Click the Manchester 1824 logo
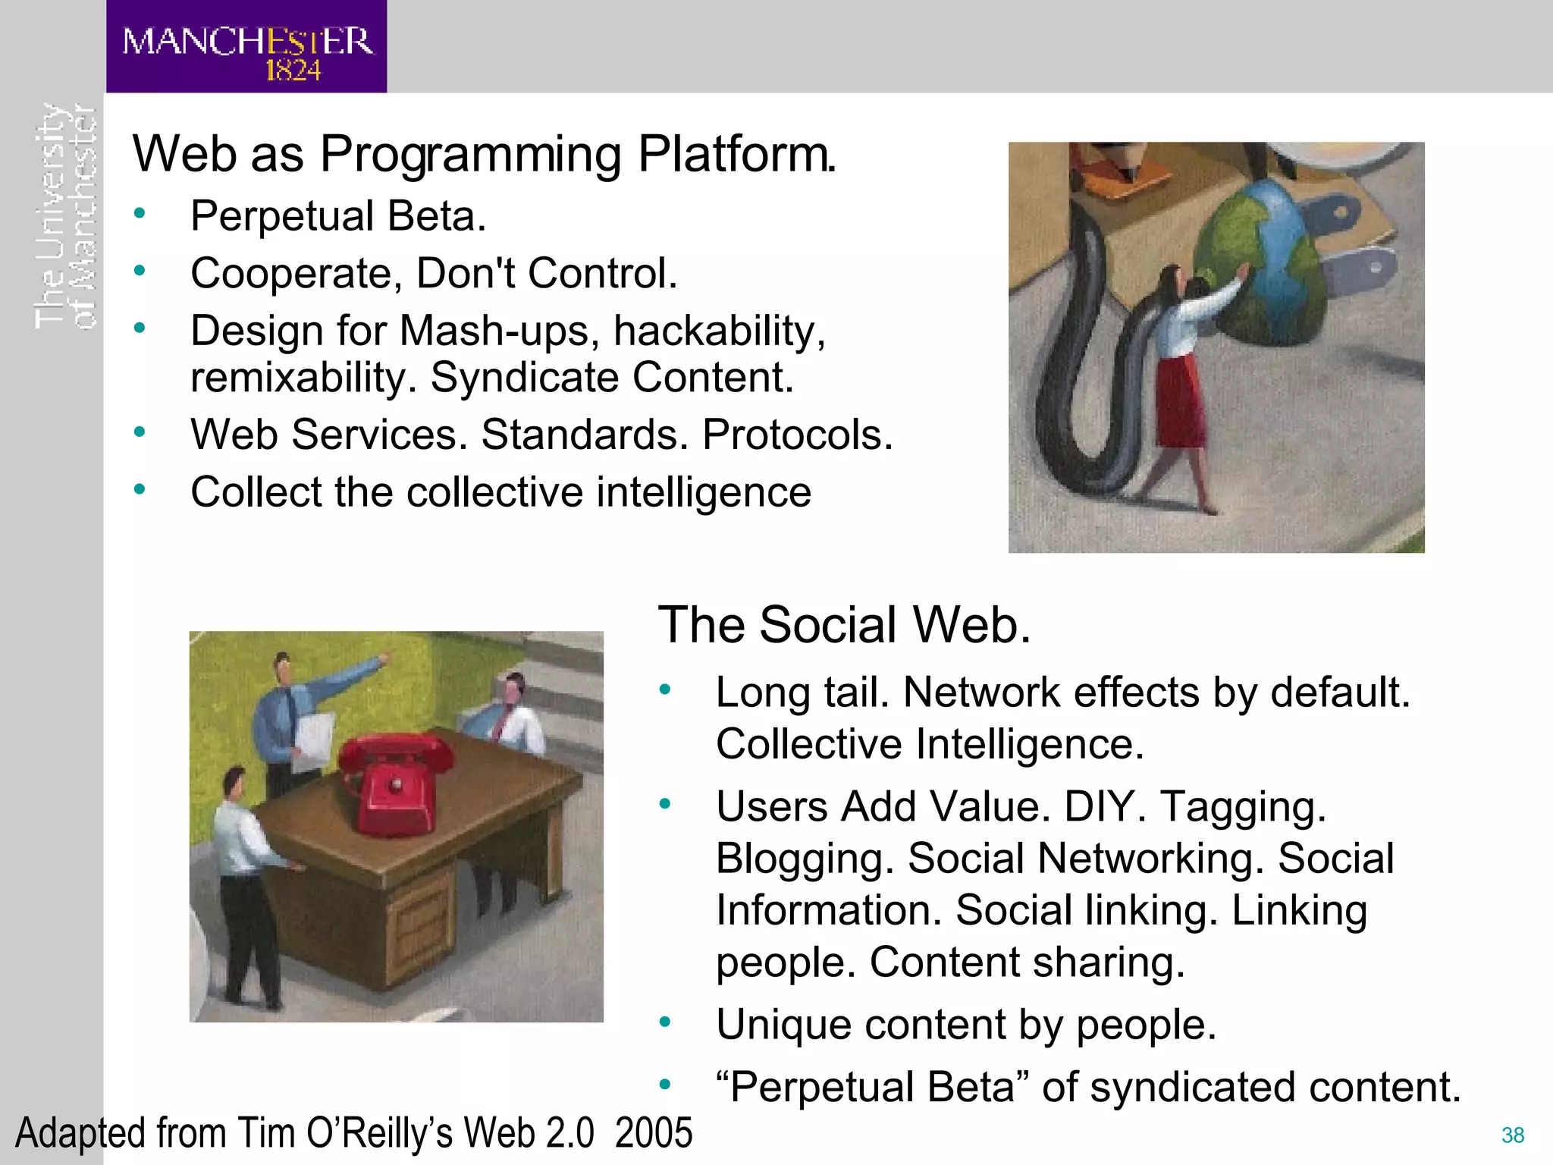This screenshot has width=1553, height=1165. (246, 47)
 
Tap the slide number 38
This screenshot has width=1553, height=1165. (1512, 1135)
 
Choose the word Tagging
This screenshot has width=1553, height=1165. (1243, 807)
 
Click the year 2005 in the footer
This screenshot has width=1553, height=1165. (653, 1133)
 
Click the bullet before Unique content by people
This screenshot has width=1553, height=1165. (665, 1023)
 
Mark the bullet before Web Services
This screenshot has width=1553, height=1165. (140, 432)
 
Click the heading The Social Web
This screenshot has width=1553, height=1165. (844, 625)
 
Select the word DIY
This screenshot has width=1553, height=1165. (1105, 806)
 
